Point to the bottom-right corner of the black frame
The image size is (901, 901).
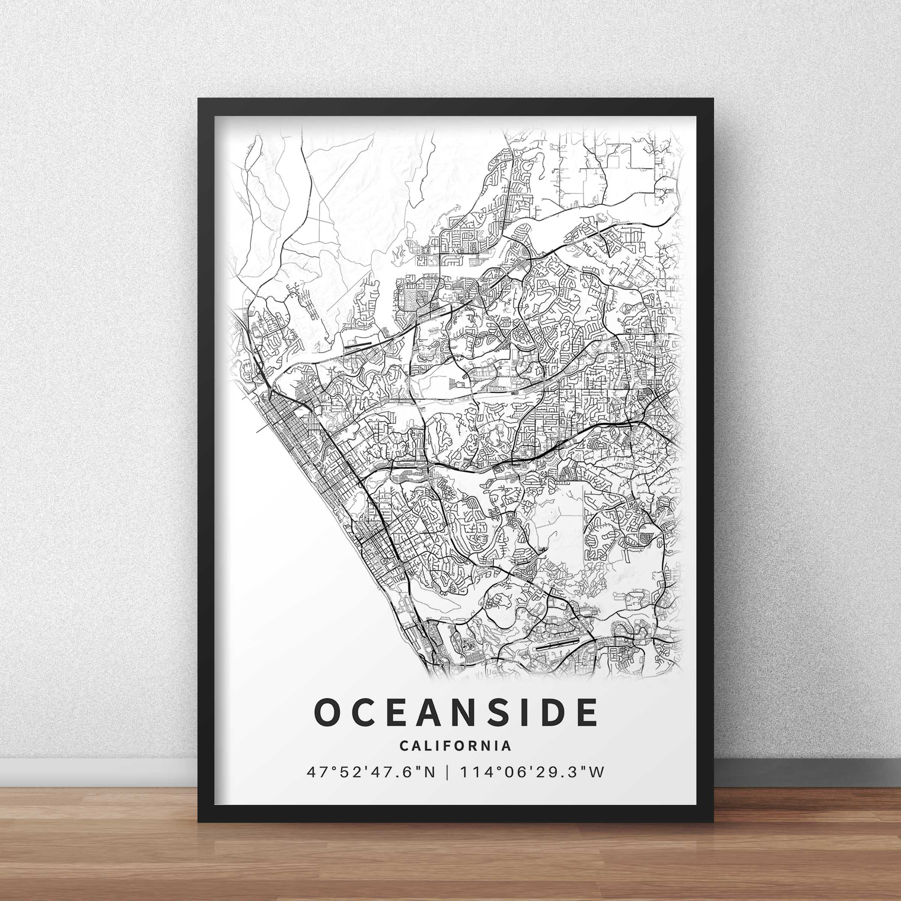tap(713, 821)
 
